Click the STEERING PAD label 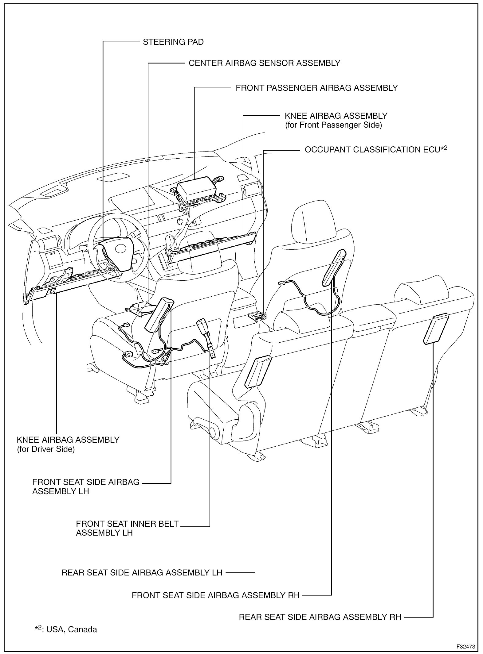173,42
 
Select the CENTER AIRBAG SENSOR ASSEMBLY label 264,63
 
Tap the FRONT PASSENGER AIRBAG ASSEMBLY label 316,88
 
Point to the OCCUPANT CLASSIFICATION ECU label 375,150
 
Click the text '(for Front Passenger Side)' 333,125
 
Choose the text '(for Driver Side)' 46,450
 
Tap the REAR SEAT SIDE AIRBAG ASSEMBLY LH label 142,573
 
